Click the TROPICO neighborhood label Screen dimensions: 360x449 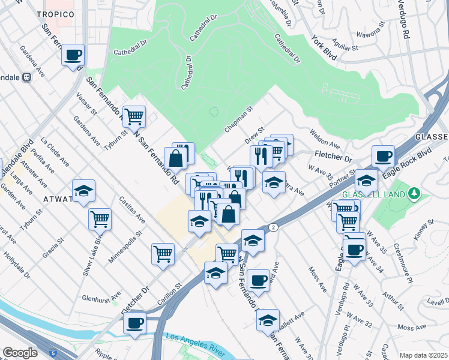point(55,14)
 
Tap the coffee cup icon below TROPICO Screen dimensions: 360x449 point(73,55)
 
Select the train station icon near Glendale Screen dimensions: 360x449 point(27,77)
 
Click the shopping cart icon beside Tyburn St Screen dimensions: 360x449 point(134,116)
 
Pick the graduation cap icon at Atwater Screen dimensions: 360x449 point(84,191)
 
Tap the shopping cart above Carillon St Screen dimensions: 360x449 point(163,254)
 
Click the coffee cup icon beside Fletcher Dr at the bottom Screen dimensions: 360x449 point(135,322)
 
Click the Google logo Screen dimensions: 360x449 point(20,353)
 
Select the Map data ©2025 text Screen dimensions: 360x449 point(423,355)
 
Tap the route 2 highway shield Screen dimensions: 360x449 point(274,227)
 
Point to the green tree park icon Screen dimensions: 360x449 point(413,193)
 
